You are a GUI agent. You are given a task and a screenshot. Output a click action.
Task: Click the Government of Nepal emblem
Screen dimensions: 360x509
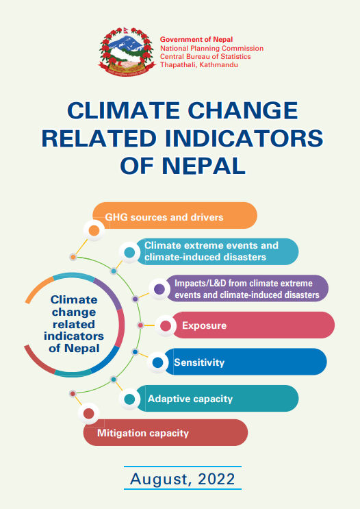[127, 52]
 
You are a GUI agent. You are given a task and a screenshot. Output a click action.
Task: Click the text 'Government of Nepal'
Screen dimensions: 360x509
[196, 40]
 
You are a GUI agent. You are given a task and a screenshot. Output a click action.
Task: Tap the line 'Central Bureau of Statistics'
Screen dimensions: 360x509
[205, 56]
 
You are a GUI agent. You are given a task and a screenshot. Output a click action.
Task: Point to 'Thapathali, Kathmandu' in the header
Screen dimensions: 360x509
[199, 64]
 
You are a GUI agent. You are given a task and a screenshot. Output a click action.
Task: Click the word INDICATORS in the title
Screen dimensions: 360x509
[244, 138]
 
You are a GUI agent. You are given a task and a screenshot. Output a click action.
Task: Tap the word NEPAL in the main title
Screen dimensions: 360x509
[203, 166]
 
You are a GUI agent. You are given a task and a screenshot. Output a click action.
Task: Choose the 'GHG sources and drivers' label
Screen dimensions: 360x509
[164, 217]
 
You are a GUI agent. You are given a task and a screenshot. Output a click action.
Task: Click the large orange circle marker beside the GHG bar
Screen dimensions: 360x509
[94, 230]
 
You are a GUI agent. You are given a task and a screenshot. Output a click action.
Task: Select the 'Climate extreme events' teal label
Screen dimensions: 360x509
[211, 251]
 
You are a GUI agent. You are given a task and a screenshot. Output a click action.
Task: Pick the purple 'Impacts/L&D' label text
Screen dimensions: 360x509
[247, 289]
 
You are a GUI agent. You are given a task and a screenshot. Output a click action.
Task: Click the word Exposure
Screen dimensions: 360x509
[205, 325]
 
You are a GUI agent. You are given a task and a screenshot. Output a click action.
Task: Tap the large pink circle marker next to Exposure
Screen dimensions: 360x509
[166, 326]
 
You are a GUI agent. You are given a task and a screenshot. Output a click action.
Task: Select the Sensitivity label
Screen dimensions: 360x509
[199, 362]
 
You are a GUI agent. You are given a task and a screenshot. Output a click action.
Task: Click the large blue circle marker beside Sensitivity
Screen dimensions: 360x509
[157, 362]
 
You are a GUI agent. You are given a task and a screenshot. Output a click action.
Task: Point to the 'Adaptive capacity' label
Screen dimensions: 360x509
[190, 399]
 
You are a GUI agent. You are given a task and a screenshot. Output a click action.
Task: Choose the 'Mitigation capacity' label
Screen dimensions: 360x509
[143, 433]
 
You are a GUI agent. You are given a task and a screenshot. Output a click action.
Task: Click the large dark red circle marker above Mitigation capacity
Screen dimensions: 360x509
[88, 414]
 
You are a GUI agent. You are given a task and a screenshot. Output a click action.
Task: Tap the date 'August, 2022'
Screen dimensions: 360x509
[183, 479]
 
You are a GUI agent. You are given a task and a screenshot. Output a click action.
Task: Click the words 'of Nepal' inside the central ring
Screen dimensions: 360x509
[74, 348]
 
